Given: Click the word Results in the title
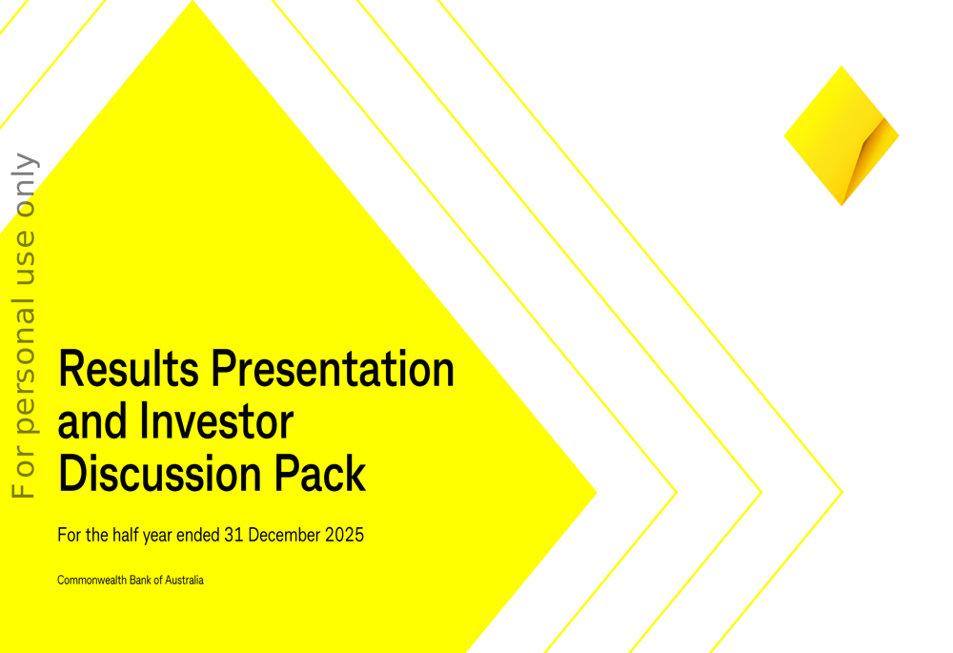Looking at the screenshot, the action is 129,369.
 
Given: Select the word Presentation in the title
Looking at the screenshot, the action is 333,369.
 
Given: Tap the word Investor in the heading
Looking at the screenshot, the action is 216,420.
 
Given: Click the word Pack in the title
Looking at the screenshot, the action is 320,473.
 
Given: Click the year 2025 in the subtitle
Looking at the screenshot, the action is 344,535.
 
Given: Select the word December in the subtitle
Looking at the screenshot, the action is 284,535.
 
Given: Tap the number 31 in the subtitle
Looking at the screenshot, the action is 233,535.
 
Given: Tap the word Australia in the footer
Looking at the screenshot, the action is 184,580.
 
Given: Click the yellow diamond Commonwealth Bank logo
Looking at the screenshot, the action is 841,135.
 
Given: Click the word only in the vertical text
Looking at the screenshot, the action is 25,186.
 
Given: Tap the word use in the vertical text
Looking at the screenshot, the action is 25,257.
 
